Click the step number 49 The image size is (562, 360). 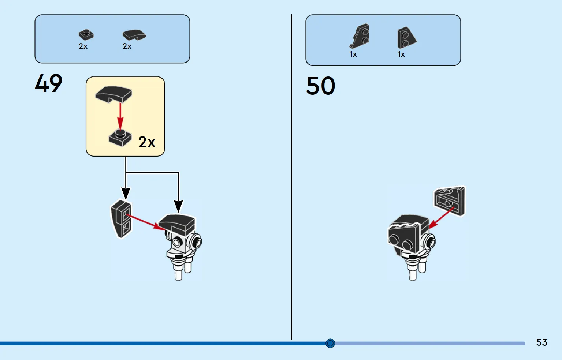[x=49, y=83]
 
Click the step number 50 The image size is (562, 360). [x=321, y=86]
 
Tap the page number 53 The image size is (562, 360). [x=541, y=342]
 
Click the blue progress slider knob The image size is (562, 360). [x=330, y=343]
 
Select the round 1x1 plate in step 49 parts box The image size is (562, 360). [x=86, y=35]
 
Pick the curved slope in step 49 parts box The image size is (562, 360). [x=134, y=35]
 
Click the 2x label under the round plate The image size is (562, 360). [x=83, y=46]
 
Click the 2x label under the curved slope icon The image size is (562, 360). [x=127, y=46]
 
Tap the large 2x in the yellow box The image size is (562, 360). [x=147, y=142]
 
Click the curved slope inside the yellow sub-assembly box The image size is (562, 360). [x=113, y=94]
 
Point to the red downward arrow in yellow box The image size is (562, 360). [x=120, y=117]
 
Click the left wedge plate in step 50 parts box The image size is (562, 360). [x=360, y=36]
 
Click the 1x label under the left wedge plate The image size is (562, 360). [x=353, y=54]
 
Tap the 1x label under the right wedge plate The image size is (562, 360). [x=401, y=54]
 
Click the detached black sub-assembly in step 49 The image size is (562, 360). [x=121, y=219]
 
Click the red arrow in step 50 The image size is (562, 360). [x=442, y=218]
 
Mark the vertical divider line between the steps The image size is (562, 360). [x=291, y=177]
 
